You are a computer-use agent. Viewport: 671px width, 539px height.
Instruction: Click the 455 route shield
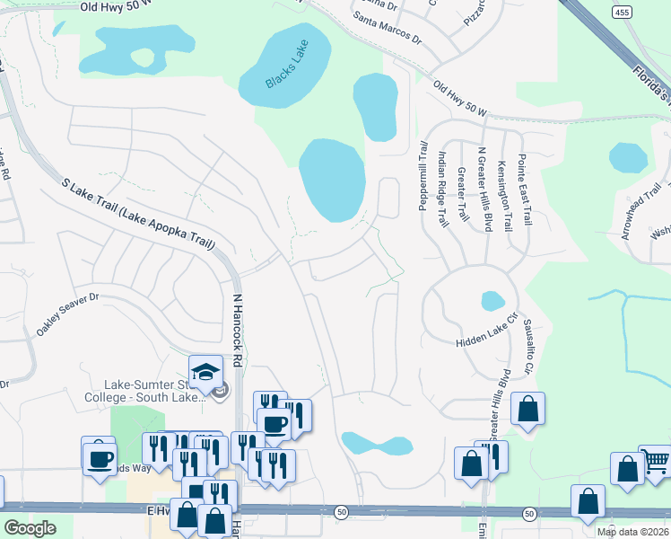point(622,12)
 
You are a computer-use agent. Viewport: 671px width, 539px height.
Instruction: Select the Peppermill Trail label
point(423,176)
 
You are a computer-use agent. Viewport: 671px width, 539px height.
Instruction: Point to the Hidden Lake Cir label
point(487,330)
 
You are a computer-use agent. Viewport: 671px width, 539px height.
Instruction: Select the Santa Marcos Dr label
point(388,28)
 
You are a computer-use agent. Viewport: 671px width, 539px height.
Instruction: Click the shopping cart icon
point(656,461)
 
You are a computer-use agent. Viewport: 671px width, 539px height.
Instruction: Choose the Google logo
point(30,528)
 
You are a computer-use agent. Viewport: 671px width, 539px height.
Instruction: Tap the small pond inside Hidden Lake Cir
point(492,301)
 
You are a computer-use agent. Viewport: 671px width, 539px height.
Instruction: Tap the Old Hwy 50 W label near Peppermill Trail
point(458,100)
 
